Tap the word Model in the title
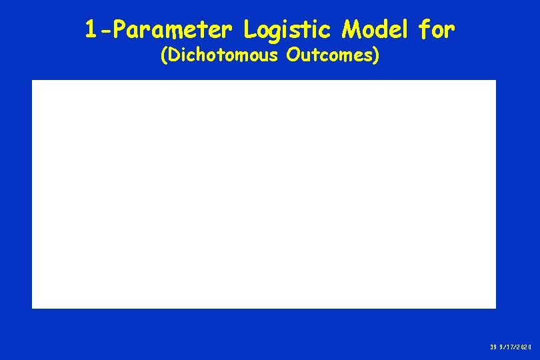tap(377, 29)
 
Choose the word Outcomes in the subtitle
tap(329, 55)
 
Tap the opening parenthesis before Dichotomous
tap(164, 56)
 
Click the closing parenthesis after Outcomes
tap(377, 56)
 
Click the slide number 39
tap(493, 347)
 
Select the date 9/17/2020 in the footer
tap(516, 347)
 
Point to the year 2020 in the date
tap(524, 347)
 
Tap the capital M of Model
tap(351, 29)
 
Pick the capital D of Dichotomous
tap(173, 55)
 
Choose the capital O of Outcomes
tap(292, 55)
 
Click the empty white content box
tap(264, 194)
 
